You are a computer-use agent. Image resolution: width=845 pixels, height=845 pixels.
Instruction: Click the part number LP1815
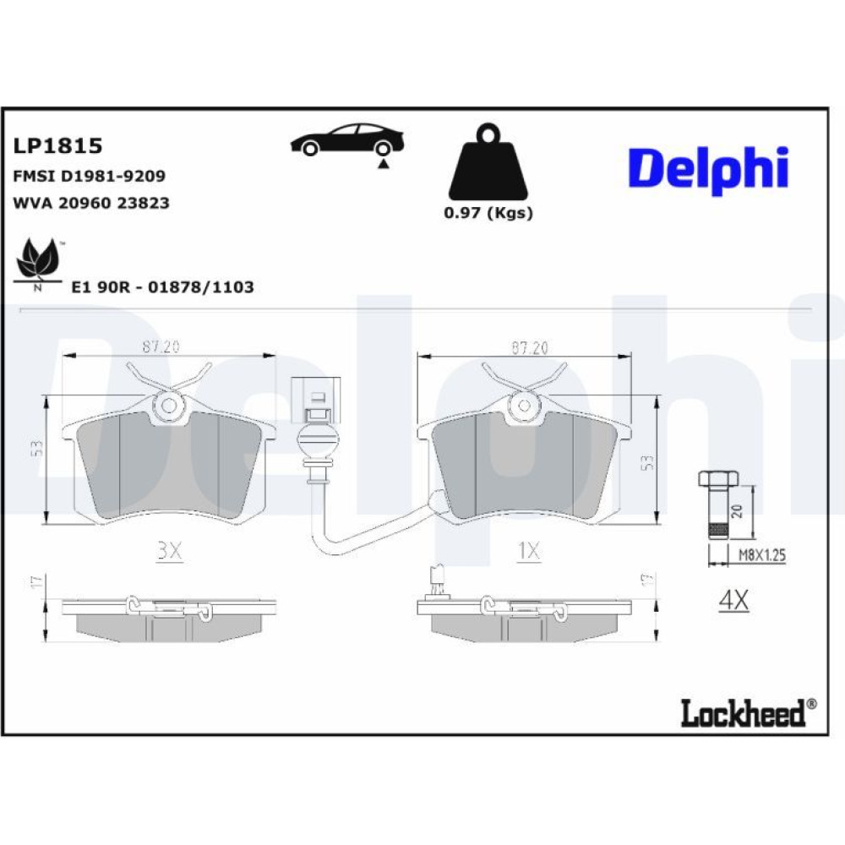point(57,145)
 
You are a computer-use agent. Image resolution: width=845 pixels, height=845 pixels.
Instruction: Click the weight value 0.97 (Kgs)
point(488,213)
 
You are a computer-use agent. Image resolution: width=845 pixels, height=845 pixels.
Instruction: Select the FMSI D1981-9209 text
point(89,176)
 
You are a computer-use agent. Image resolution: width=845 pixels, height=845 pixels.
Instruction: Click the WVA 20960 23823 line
point(91,203)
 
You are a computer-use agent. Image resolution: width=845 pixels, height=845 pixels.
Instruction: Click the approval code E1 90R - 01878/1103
point(162,287)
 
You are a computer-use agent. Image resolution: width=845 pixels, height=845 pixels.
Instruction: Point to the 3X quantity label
point(169,551)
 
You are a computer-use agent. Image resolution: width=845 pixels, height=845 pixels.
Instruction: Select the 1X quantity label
point(528,551)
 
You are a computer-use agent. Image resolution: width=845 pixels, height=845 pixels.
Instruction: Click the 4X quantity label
point(733,601)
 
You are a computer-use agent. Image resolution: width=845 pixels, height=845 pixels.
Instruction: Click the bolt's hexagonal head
point(716,479)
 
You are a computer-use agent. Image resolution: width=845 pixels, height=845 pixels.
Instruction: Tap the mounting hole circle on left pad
point(170,406)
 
